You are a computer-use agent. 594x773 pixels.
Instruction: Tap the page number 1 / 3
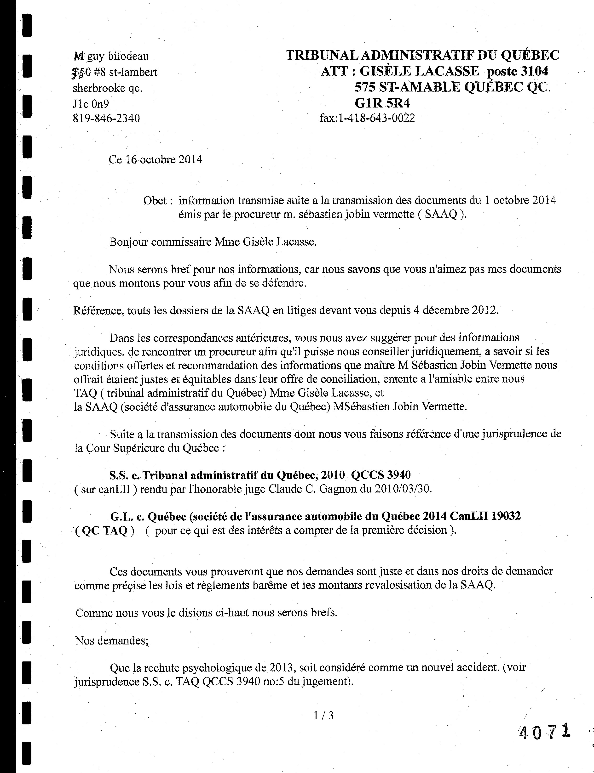tap(323, 715)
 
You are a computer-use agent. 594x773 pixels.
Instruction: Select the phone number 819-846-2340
tap(106, 118)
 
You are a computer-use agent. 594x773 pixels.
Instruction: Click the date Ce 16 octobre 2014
tap(156, 160)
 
